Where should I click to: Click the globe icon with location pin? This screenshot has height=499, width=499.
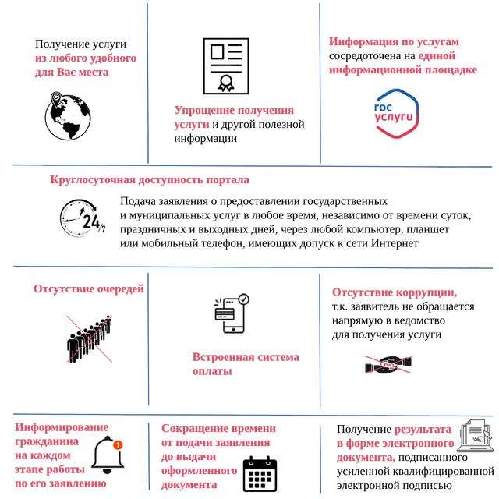[68, 116]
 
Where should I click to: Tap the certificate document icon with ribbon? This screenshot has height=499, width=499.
[226, 66]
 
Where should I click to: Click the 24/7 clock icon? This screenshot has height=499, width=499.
[83, 218]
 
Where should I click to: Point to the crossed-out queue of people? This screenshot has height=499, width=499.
[89, 339]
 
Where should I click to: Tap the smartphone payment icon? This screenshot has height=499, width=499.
[232, 313]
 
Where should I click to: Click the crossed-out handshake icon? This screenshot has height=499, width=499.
[388, 364]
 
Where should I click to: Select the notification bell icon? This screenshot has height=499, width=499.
[108, 455]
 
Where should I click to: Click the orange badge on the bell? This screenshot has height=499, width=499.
[118, 444]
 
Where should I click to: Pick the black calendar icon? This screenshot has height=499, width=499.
[260, 474]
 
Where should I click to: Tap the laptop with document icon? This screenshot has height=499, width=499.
[475, 436]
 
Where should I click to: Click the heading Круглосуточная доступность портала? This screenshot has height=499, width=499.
[150, 180]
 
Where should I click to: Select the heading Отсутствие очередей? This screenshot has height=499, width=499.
[89, 289]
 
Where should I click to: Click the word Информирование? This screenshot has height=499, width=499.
[62, 427]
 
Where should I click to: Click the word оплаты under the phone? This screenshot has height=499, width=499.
[212, 371]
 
